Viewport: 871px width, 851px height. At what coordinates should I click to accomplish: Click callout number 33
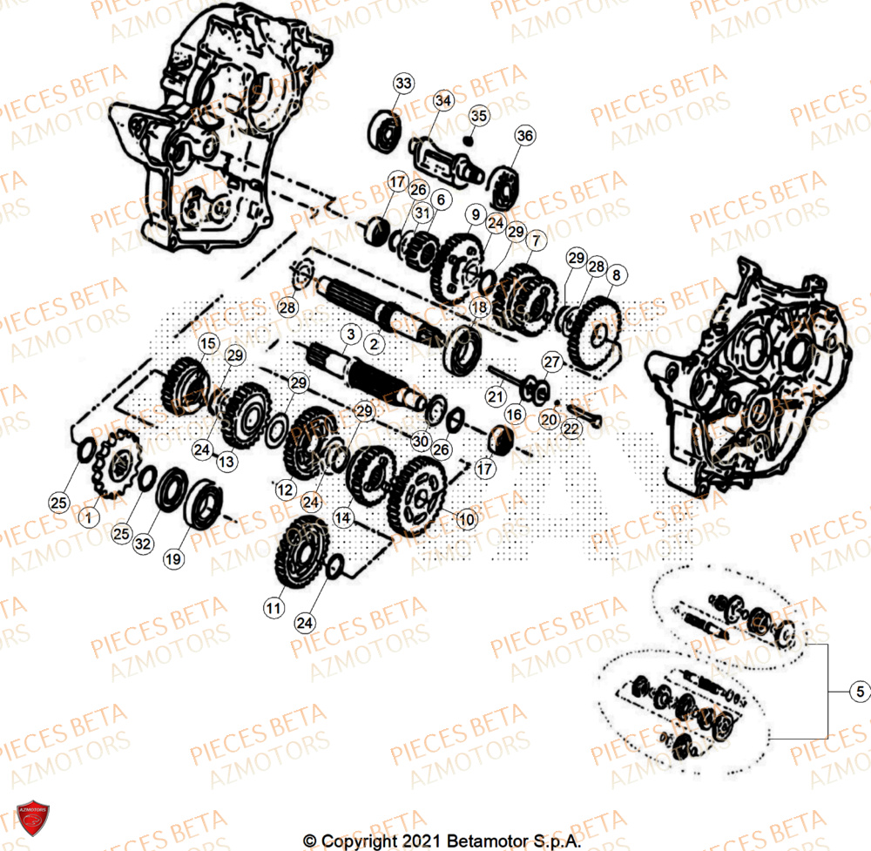pyautogui.click(x=402, y=84)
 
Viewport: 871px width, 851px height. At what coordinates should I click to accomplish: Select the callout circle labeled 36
pyautogui.click(x=525, y=136)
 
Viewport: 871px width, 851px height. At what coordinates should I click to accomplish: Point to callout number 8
pyautogui.click(x=617, y=276)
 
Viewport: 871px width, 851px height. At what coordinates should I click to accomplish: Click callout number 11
pyautogui.click(x=274, y=607)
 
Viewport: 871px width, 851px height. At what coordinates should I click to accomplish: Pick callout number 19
pyautogui.click(x=173, y=559)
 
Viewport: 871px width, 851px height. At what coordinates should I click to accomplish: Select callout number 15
pyautogui.click(x=206, y=344)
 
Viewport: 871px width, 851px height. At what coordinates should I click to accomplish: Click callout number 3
pyautogui.click(x=351, y=334)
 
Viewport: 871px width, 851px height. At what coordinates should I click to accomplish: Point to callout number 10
pyautogui.click(x=467, y=520)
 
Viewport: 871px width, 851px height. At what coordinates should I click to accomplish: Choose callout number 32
pyautogui.click(x=143, y=544)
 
